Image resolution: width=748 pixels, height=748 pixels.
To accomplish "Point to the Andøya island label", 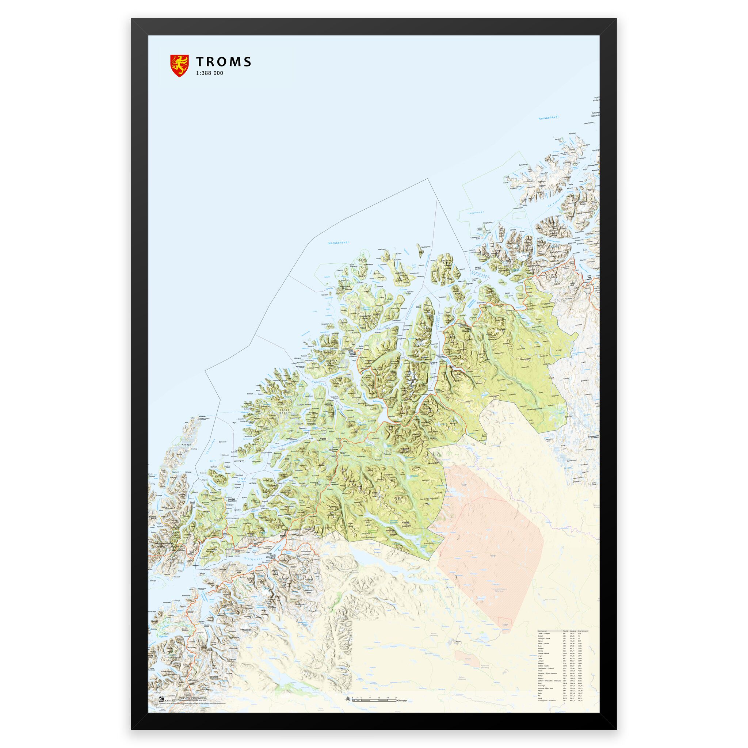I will point(187,445).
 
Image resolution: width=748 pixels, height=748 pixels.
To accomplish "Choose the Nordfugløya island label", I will point(425,247).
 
